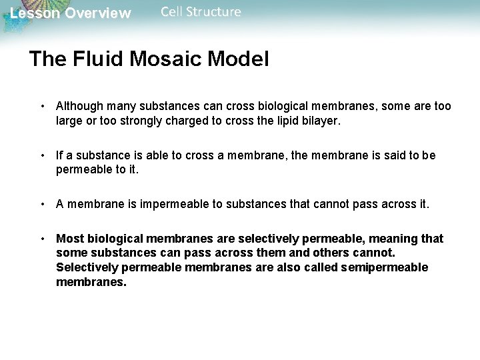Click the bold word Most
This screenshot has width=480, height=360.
69,239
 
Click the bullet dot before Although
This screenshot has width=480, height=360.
43,106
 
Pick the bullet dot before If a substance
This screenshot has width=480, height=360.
43,155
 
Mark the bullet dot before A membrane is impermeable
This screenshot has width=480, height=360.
43,204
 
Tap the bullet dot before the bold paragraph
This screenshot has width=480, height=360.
43,239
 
